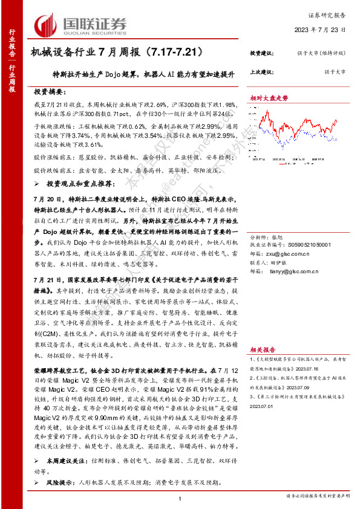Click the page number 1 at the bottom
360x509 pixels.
[180, 498]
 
